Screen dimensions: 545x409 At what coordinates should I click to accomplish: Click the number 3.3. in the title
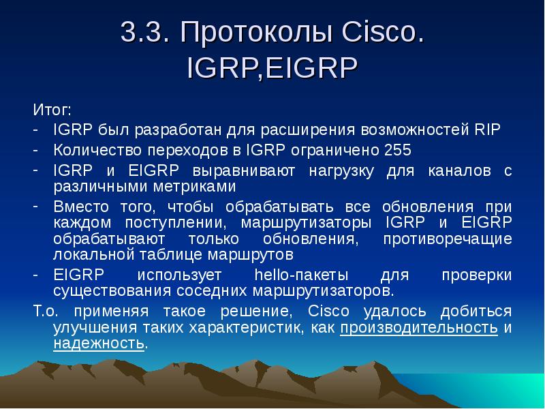[x=145, y=32]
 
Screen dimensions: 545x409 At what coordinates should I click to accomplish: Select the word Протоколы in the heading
[x=258, y=33]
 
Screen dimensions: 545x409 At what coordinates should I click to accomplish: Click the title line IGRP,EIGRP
[x=272, y=67]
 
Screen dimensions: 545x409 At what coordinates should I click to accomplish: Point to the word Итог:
[x=52, y=110]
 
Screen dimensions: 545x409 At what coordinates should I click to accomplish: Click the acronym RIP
[x=487, y=130]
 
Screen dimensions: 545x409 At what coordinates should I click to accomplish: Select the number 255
[x=398, y=150]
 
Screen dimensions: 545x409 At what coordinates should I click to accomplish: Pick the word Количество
[x=97, y=150]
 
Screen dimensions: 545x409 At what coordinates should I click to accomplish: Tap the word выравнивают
[x=244, y=171]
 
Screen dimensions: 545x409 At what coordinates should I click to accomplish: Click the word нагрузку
[x=341, y=171]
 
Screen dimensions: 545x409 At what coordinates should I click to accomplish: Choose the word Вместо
[x=81, y=207]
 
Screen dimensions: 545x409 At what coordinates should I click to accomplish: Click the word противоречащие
[x=448, y=239]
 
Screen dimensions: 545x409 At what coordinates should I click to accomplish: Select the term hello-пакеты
[x=301, y=275]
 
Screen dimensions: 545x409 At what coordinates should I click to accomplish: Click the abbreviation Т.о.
[x=46, y=311]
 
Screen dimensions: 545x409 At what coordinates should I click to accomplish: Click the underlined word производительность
[x=419, y=328]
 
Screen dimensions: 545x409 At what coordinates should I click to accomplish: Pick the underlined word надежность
[x=99, y=344]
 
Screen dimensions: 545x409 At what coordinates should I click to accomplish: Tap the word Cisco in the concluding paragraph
[x=328, y=311]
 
